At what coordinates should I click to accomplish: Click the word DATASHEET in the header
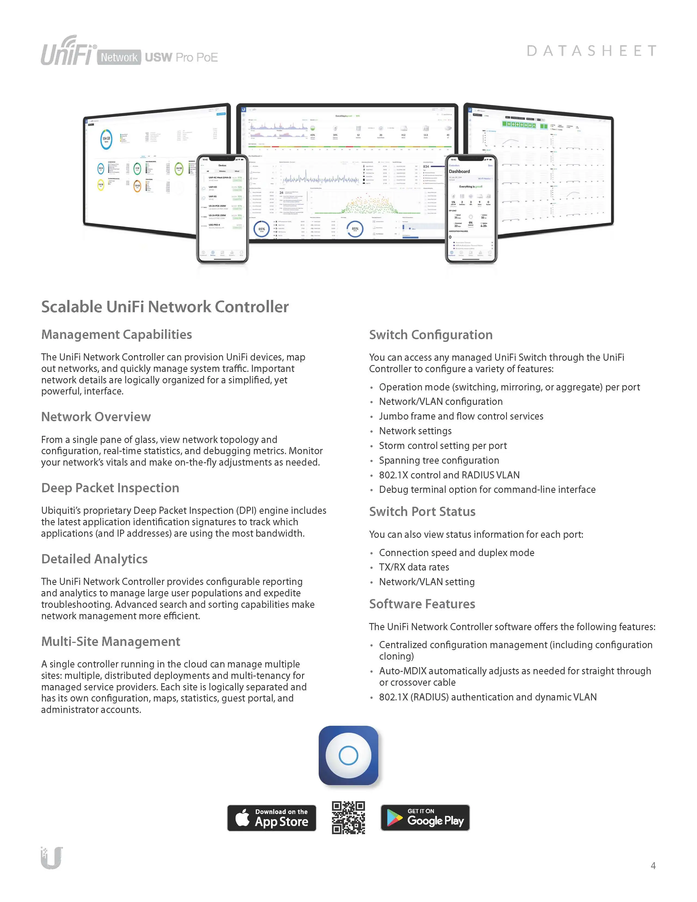[591, 51]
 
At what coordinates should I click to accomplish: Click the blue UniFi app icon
[349, 755]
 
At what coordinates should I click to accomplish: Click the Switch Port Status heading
[422, 512]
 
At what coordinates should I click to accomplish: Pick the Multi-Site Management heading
[111, 641]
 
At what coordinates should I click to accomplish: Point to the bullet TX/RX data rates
[414, 567]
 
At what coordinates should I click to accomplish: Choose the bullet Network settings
[415, 431]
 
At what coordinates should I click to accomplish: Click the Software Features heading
[422, 604]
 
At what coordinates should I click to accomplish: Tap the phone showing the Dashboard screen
[471, 209]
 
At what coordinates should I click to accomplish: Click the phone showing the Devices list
[223, 209]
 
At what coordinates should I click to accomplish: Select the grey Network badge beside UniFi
[119, 57]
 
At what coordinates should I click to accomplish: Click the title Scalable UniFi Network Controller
[165, 307]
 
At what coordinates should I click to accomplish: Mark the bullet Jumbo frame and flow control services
[461, 416]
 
